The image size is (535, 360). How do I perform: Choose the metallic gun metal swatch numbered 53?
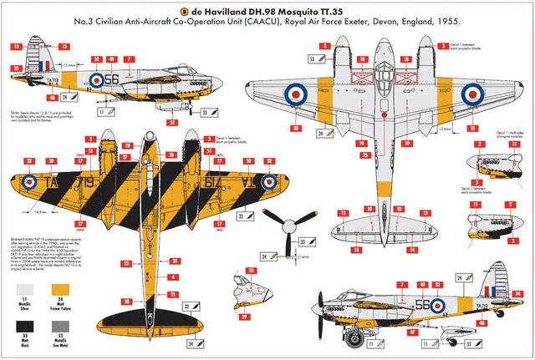(x=59, y=329)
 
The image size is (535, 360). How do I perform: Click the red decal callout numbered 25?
(x=343, y=155)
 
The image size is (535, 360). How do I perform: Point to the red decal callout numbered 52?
(x=171, y=122)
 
